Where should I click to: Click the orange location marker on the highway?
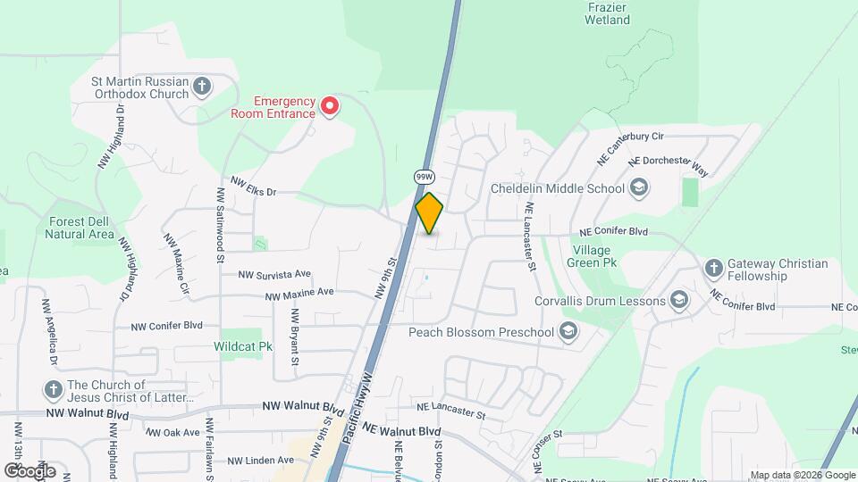(x=429, y=213)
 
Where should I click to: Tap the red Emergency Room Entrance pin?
(x=330, y=107)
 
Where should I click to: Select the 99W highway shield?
(x=424, y=177)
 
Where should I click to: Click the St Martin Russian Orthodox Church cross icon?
(x=203, y=87)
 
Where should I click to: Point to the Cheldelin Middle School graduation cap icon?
(x=638, y=187)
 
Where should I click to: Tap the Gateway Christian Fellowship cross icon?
(x=713, y=268)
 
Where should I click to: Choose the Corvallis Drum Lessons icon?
(x=679, y=300)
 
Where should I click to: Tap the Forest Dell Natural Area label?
(x=80, y=228)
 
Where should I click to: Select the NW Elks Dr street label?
(x=254, y=186)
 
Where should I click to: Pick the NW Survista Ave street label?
(x=273, y=274)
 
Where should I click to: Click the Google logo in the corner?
(x=29, y=470)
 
